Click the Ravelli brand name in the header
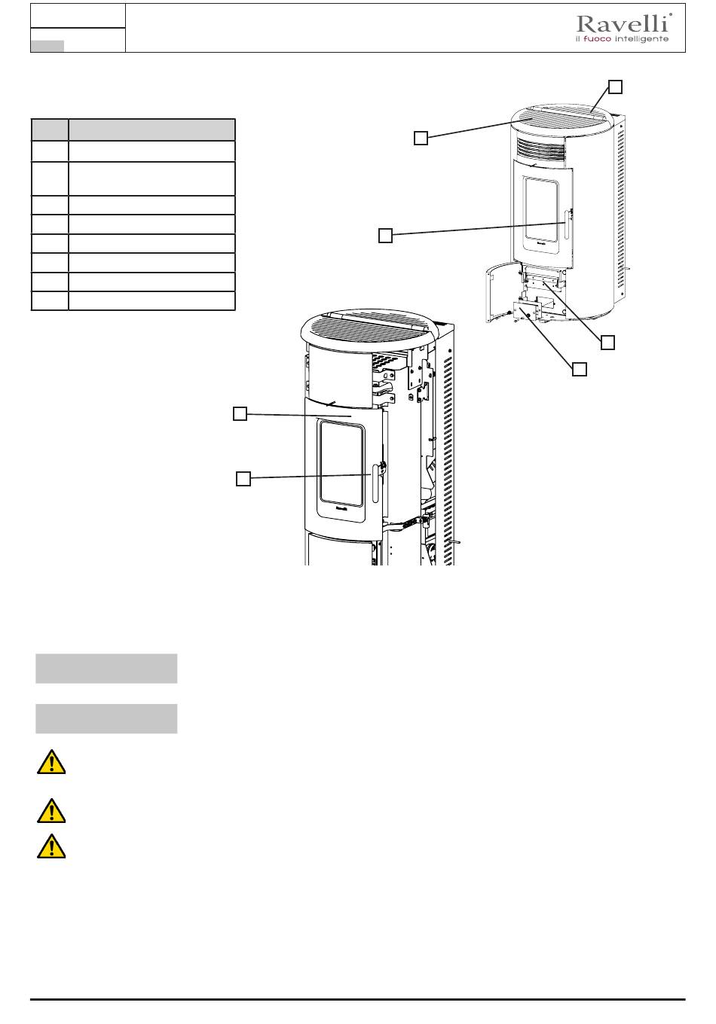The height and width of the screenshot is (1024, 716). [623, 23]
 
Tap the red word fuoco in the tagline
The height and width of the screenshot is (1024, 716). [597, 39]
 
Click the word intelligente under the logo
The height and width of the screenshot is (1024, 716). [641, 39]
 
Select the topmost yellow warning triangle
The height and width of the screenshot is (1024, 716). [51, 762]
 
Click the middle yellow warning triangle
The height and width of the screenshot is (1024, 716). [51, 812]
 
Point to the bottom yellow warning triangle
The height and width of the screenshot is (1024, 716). [51, 846]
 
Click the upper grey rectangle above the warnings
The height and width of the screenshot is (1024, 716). [106, 669]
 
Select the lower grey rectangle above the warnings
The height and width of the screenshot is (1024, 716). [106, 718]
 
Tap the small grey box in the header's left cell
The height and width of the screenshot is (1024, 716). [47, 46]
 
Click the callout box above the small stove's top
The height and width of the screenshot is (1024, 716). [615, 87]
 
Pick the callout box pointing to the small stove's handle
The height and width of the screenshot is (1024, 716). [386, 236]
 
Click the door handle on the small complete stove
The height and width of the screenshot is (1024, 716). [567, 224]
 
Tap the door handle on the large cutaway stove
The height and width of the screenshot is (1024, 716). [375, 483]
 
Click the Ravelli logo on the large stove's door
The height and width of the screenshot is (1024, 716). [341, 507]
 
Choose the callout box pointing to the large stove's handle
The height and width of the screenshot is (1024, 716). [243, 479]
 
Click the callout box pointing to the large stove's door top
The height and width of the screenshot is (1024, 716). [240, 413]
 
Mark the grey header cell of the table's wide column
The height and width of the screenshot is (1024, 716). [151, 130]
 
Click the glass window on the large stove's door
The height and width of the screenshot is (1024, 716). [341, 463]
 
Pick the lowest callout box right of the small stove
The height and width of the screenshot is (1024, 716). [580, 369]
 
